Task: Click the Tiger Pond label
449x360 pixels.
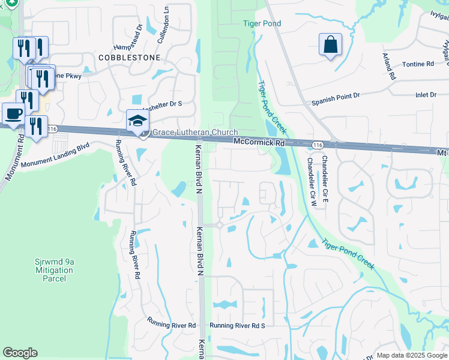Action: (x=262, y=23)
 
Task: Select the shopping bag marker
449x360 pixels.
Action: (x=330, y=45)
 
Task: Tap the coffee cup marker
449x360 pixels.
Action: (x=13, y=113)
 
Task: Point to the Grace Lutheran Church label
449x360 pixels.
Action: (x=195, y=133)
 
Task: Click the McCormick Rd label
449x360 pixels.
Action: (x=259, y=143)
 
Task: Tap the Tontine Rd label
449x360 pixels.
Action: (x=418, y=64)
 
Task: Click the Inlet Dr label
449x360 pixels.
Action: (x=426, y=95)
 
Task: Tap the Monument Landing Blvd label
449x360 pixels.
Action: (x=55, y=155)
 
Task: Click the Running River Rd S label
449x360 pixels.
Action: (x=237, y=325)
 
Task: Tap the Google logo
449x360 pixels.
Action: (x=20, y=353)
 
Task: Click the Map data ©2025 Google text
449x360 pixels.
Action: (x=412, y=355)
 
